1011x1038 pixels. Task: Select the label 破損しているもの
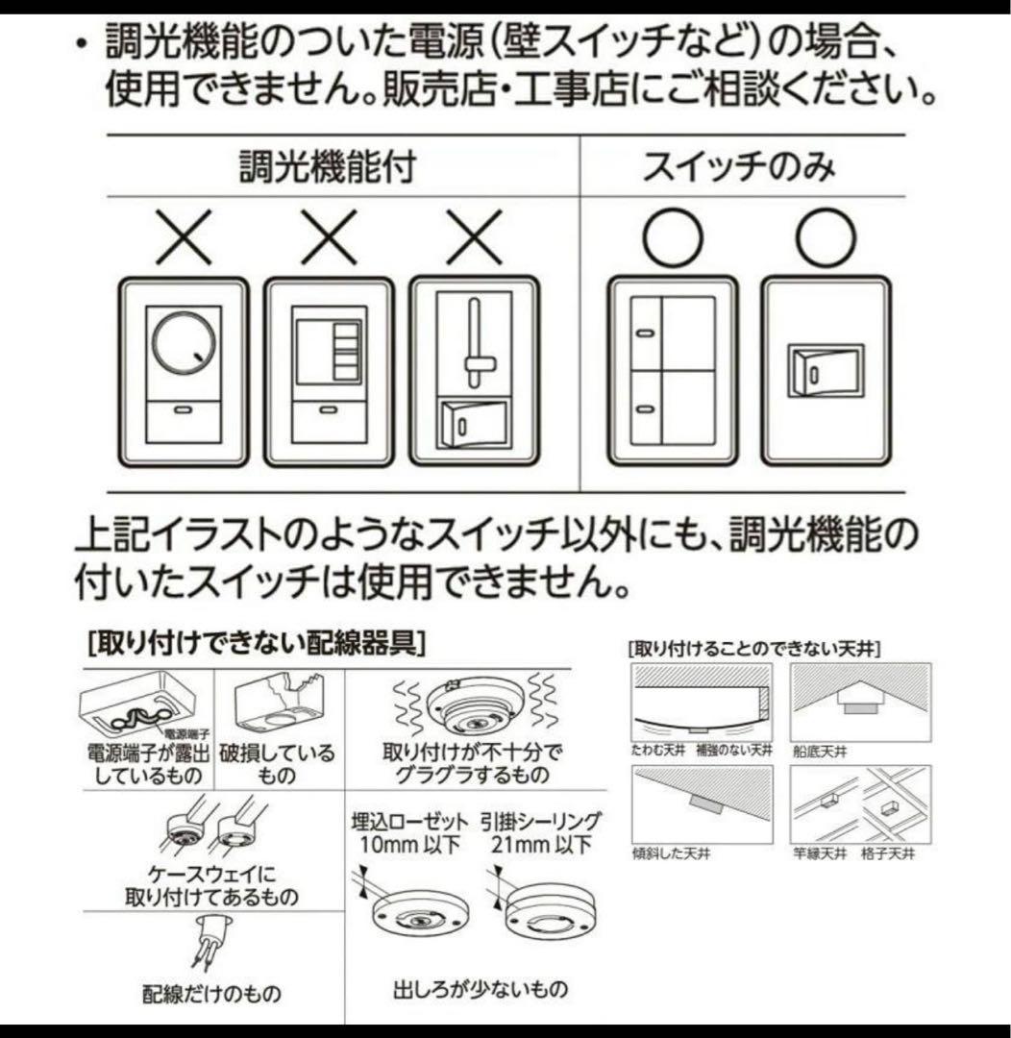point(278,763)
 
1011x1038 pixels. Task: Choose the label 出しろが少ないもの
point(481,987)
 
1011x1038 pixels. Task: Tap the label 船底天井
point(814,752)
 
